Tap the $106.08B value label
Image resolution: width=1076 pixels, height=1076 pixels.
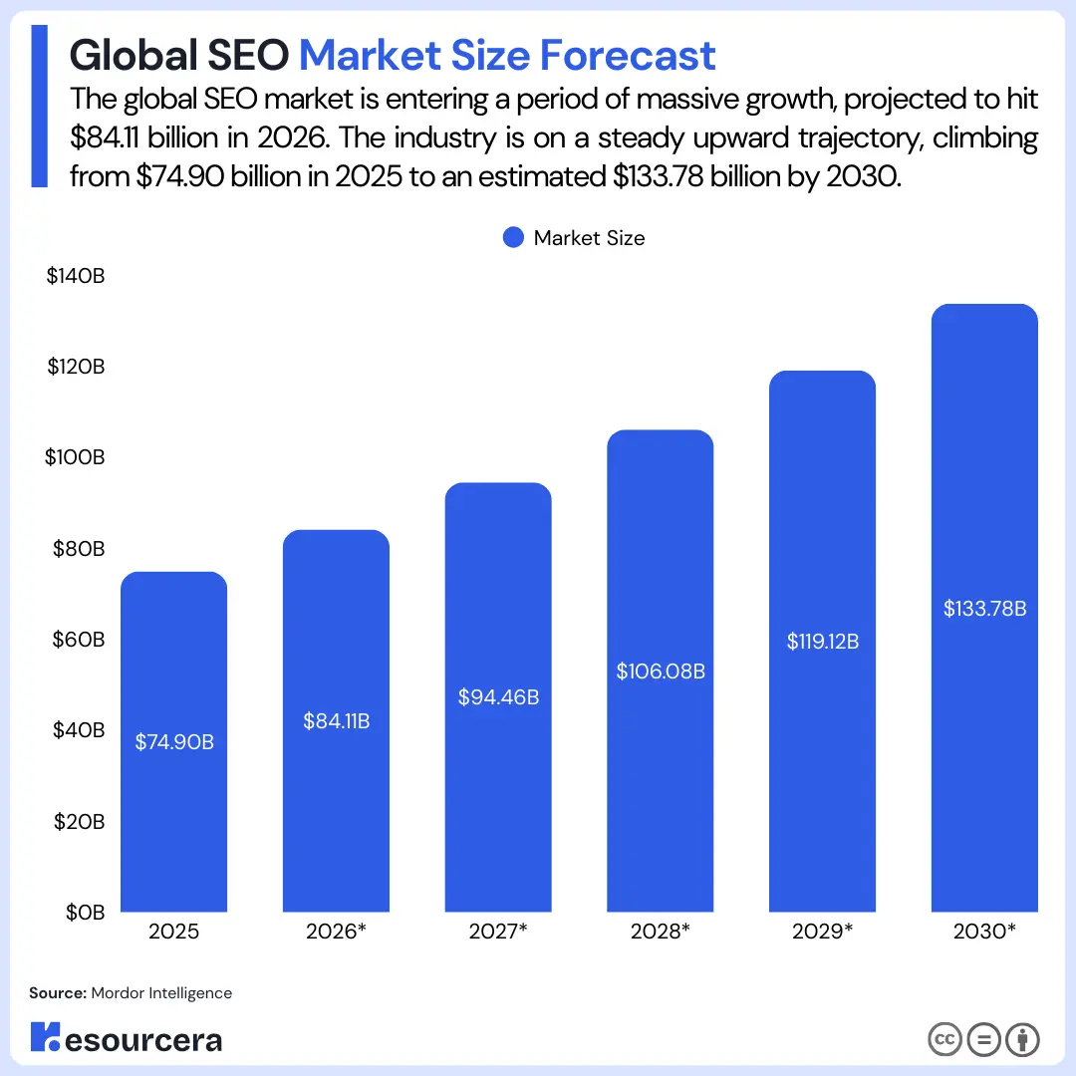(x=660, y=672)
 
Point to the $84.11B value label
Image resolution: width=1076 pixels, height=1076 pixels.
(x=336, y=720)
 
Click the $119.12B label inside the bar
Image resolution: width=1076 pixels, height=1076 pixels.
(x=822, y=642)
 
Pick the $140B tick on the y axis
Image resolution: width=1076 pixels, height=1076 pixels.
(x=76, y=276)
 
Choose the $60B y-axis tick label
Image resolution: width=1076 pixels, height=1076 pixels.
(x=77, y=640)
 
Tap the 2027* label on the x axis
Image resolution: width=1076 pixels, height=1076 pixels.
(x=498, y=933)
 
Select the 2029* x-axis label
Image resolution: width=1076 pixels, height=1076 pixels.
(x=822, y=933)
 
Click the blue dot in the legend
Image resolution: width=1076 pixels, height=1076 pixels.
(x=513, y=238)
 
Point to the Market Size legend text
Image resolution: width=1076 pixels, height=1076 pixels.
(x=589, y=238)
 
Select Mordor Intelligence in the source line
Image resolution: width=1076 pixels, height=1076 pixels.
(x=161, y=992)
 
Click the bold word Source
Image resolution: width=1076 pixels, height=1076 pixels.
(x=57, y=992)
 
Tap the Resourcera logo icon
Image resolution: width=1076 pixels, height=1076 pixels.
(x=45, y=1039)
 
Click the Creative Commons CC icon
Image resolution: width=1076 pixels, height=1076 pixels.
(x=944, y=1040)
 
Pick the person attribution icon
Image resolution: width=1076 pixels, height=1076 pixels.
(x=1022, y=1040)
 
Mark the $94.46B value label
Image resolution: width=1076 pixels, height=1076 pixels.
(x=498, y=697)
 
